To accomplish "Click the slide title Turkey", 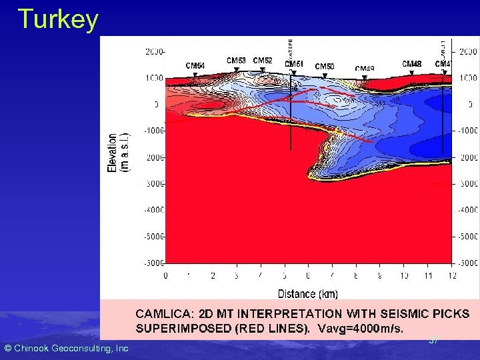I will click(58, 19).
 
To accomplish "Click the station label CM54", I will click(195, 66).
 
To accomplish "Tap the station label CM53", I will click(236, 61).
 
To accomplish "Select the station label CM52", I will click(263, 61).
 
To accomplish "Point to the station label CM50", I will click(325, 67).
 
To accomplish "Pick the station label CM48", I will click(411, 64).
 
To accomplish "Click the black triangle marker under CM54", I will click(195, 75).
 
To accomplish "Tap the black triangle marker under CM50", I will click(325, 75).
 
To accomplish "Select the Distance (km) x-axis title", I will click(307, 293).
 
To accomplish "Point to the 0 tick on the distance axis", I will click(165, 276).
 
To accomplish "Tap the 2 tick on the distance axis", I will click(213, 276).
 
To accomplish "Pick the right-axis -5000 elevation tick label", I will click(467, 237).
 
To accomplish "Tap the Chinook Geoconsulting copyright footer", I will click(66, 348).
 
